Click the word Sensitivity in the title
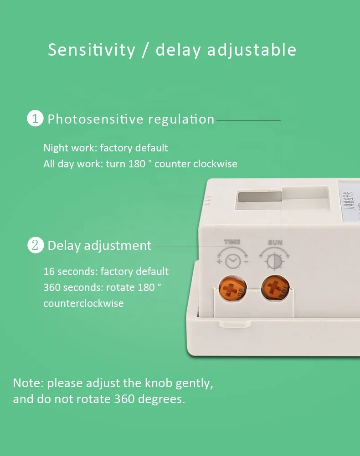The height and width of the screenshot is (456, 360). [91, 50]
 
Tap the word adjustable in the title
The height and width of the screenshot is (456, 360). [252, 50]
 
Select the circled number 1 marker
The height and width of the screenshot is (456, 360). [35, 119]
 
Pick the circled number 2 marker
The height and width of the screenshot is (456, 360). [35, 245]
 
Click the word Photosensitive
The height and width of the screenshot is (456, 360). [95, 119]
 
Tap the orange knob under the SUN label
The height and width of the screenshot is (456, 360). [273, 289]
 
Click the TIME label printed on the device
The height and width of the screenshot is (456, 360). [232, 242]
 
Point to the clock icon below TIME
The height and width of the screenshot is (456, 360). [233, 261]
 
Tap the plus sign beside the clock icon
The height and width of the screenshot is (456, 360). [219, 262]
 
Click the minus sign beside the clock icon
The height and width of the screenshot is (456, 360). [246, 262]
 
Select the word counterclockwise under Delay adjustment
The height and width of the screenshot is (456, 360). [83, 303]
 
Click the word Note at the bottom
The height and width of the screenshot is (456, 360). [28, 383]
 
